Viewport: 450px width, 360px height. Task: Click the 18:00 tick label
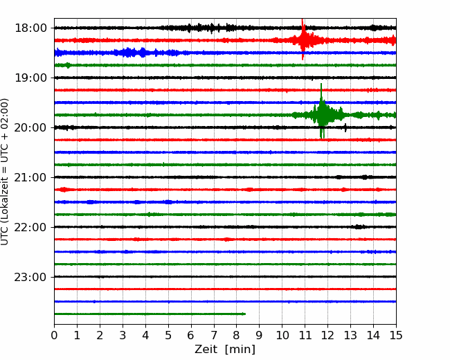pyautogui.click(x=30, y=28)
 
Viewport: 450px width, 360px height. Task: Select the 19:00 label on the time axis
pyautogui.click(x=30, y=78)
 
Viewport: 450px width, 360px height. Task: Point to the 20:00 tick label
pyautogui.click(x=30, y=127)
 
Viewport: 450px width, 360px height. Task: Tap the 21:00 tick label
pyautogui.click(x=30, y=177)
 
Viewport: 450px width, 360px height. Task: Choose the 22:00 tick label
pyautogui.click(x=30, y=227)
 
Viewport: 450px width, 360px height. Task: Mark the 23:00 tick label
pyautogui.click(x=30, y=277)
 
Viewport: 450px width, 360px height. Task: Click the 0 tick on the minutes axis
pyautogui.click(x=54, y=335)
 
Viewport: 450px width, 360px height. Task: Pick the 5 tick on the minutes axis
pyautogui.click(x=168, y=335)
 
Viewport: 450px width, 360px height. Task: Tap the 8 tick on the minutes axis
pyautogui.click(x=237, y=335)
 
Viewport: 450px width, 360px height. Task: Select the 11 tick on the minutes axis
pyautogui.click(x=305, y=335)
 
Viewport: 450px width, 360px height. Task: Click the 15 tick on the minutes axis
pyautogui.click(x=396, y=335)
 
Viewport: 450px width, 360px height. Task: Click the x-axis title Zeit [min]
pyautogui.click(x=225, y=350)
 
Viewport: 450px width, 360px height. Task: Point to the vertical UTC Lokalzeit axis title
pyautogui.click(x=5, y=172)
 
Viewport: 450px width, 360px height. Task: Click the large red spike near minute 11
pyautogui.click(x=303, y=39)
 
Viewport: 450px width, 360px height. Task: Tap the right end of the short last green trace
pyautogui.click(x=245, y=314)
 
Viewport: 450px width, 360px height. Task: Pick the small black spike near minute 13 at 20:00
pyautogui.click(x=345, y=127)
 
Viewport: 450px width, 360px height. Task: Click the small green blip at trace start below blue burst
pyautogui.click(x=68, y=65)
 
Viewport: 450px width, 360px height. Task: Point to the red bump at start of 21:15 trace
pyautogui.click(x=64, y=190)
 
